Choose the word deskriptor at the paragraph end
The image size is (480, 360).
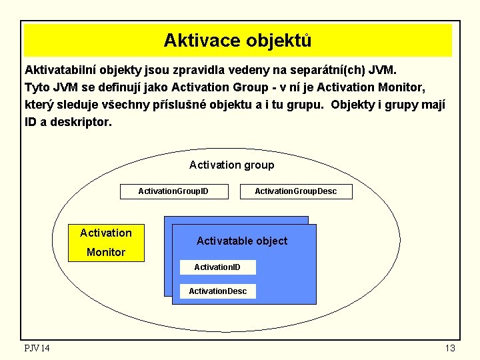76,123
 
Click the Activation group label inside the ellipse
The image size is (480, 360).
231,165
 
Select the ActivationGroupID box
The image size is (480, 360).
173,191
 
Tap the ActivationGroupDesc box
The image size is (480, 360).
296,191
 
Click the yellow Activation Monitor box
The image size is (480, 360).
107,242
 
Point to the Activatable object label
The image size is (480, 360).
242,241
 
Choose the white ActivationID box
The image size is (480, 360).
217,267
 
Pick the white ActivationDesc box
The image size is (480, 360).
218,291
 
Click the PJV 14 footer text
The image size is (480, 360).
37,348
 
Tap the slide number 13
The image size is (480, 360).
449,348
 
